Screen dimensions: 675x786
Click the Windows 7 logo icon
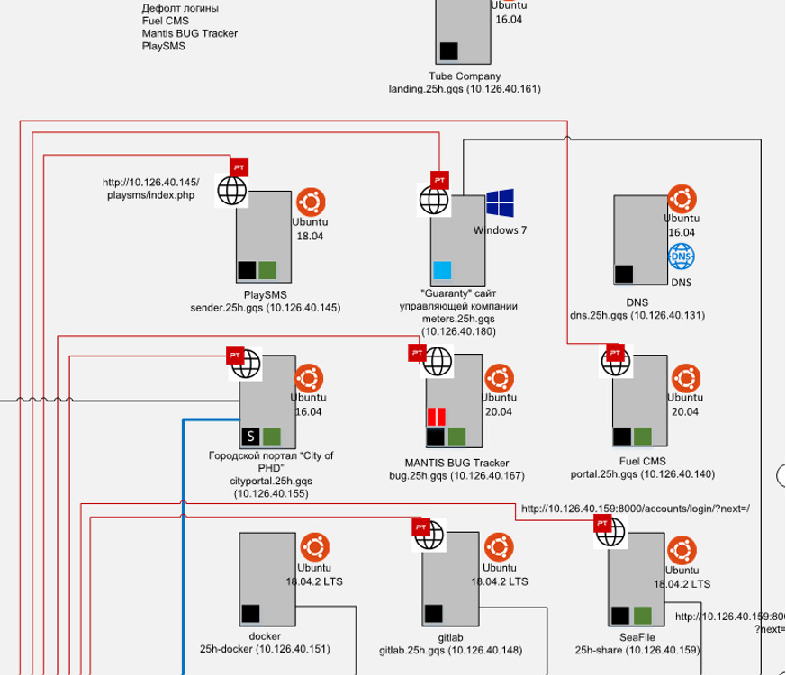click(500, 202)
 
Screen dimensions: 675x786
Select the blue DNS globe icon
click(681, 257)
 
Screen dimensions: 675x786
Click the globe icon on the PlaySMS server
click(232, 191)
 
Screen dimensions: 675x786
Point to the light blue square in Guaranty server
click(442, 270)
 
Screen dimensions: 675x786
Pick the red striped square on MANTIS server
click(437, 417)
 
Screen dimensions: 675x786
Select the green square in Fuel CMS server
click(642, 436)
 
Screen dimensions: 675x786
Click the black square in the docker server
click(251, 613)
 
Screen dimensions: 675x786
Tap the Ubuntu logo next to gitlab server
click(497, 546)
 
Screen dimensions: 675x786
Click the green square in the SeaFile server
click(643, 616)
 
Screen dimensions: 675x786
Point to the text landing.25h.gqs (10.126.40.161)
click(465, 89)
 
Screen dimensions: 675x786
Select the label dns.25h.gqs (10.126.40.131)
click(637, 316)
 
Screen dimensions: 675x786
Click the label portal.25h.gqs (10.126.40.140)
click(643, 473)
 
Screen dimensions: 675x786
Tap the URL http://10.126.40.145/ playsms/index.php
click(151, 189)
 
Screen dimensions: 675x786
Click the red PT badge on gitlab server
click(419, 527)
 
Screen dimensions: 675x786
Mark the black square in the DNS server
click(624, 274)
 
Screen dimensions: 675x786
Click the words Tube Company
click(465, 76)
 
